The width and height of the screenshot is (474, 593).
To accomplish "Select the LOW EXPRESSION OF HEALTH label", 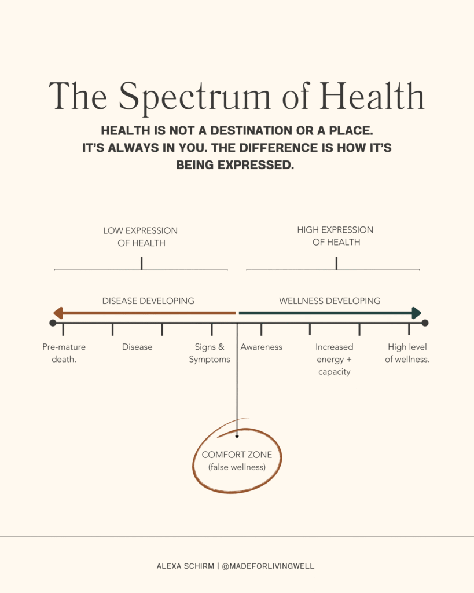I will (x=141, y=237).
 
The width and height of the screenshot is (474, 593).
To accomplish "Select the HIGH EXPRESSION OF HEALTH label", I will (x=335, y=236).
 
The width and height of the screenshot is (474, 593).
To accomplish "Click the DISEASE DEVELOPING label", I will (x=148, y=301).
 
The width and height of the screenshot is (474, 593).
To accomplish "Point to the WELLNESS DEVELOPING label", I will (x=329, y=301).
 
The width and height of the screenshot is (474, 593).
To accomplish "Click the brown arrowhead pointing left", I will (x=58, y=313).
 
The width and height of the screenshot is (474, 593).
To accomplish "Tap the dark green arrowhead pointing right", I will (x=416, y=313).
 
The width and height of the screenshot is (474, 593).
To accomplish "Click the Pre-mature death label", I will (x=64, y=353).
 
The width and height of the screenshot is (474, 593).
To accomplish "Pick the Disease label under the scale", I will (x=137, y=347).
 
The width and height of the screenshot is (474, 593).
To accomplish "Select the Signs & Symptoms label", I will (x=210, y=353).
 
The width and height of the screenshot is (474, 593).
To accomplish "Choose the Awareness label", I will (x=262, y=347).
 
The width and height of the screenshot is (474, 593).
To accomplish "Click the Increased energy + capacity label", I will (x=335, y=359).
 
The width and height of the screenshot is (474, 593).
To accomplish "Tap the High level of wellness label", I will (x=407, y=353).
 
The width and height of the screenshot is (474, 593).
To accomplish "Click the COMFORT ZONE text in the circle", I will (x=237, y=455).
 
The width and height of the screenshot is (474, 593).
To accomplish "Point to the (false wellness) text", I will (x=237, y=467).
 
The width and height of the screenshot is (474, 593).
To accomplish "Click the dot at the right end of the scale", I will (x=425, y=323).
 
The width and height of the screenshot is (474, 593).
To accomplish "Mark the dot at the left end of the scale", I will (x=53, y=323).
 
